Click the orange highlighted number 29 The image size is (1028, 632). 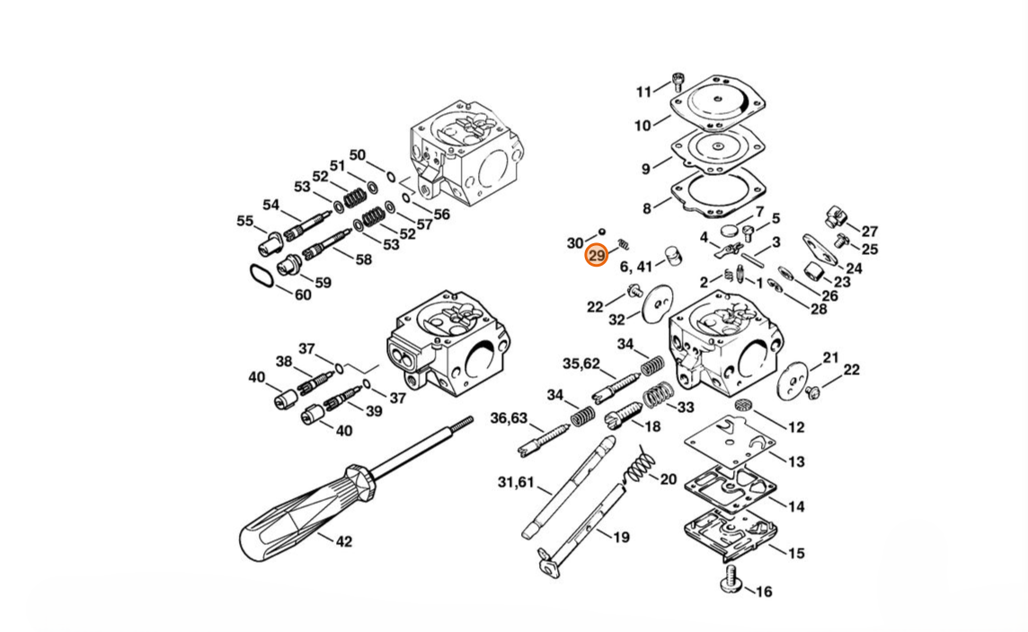pos(597,256)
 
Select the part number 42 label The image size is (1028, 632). pos(344,541)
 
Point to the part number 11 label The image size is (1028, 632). pos(643,92)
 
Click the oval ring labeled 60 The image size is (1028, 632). pos(262,276)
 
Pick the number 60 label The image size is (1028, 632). pos(303,294)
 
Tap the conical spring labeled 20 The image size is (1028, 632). pos(639,465)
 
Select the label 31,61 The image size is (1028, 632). pos(516,483)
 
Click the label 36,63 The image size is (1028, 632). pos(509,417)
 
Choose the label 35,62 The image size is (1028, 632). pos(580,364)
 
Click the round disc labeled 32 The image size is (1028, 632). pos(658,303)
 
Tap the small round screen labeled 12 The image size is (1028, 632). pos(743,406)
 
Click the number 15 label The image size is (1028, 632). pos(796,553)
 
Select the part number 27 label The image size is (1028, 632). pos(869,232)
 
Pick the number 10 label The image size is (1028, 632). pos(642,125)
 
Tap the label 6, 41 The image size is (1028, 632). pos(636,267)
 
